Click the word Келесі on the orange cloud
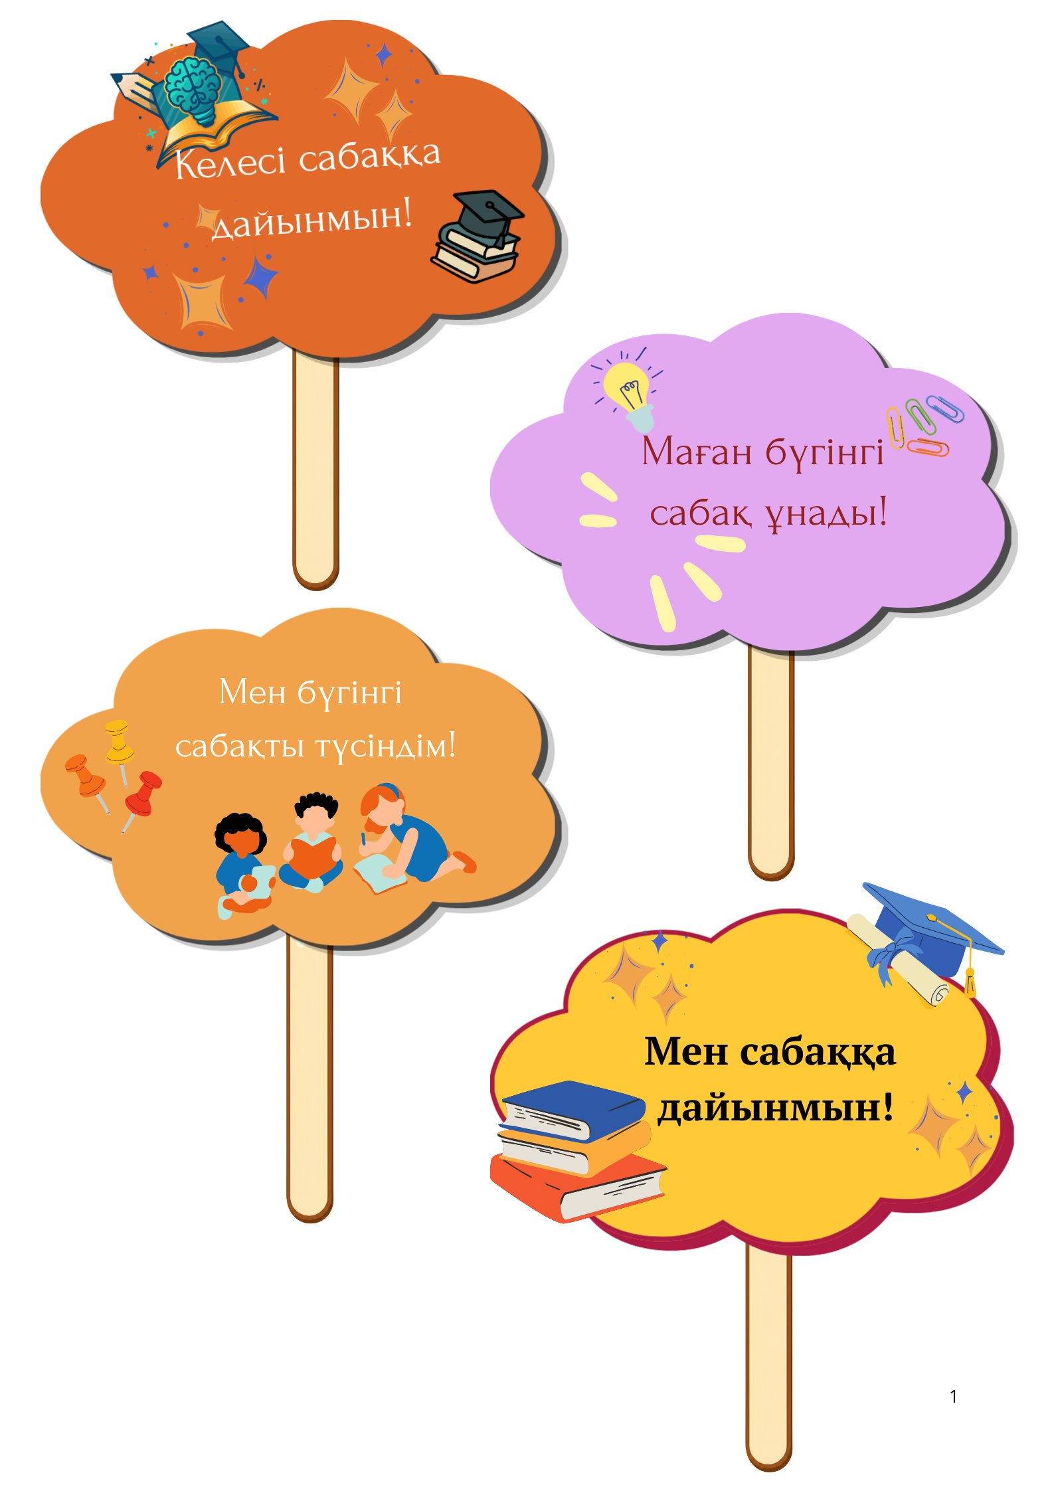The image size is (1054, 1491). [x=230, y=162]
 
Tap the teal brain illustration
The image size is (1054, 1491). [x=193, y=88]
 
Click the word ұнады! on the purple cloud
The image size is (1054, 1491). [x=826, y=513]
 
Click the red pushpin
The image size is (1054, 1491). [x=142, y=800]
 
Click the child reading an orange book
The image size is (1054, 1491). [x=311, y=842]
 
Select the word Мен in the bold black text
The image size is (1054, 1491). [x=686, y=1052]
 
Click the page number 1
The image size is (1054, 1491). [x=954, y=1397]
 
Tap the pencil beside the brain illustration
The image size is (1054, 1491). [x=135, y=90]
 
